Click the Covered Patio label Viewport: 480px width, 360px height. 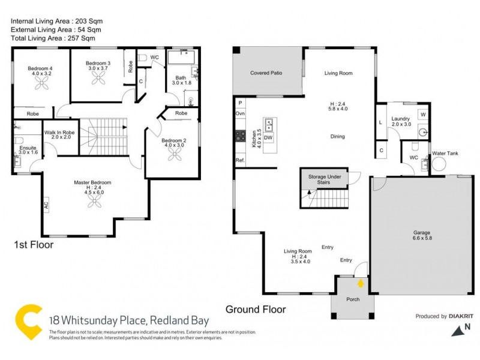click(266, 73)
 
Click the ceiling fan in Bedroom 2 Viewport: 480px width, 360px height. click(176, 155)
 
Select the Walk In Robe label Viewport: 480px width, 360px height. click(59, 134)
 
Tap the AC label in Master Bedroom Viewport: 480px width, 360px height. click(46, 205)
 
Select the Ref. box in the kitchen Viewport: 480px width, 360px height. click(240, 160)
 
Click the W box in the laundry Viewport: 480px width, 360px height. click(423, 114)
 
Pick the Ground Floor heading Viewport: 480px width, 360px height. click(256, 310)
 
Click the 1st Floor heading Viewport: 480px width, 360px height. click(34, 245)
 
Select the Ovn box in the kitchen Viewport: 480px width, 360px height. click(240, 113)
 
